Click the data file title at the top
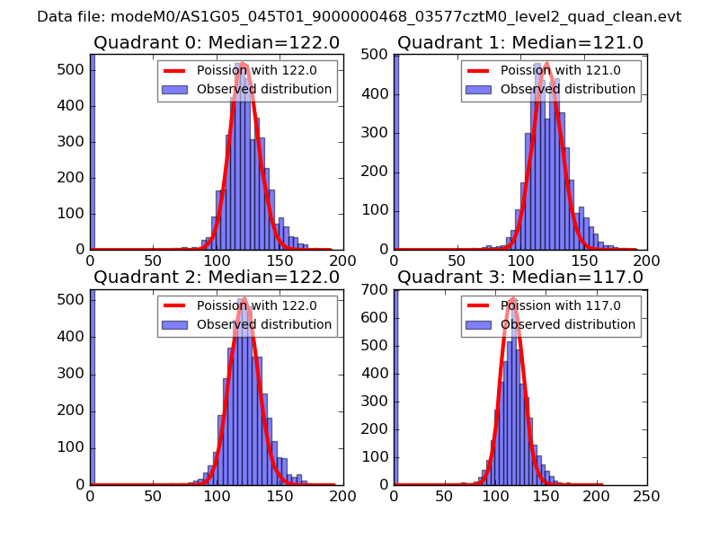[x=359, y=17]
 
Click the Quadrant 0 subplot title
[x=216, y=42]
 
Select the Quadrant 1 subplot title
[x=520, y=42]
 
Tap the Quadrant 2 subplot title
[x=216, y=277]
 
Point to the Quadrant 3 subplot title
[x=520, y=277]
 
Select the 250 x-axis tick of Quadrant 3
[x=646, y=495]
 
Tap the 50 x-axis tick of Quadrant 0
[x=153, y=261]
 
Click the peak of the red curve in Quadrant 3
[x=512, y=299]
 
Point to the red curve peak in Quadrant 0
[x=244, y=64]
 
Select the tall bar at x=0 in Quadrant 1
[x=396, y=152]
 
